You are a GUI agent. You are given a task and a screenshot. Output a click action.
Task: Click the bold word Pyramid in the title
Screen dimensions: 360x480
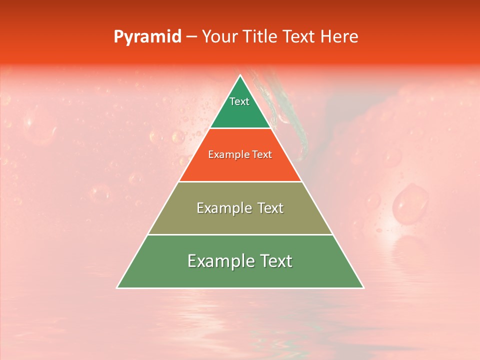(x=147, y=37)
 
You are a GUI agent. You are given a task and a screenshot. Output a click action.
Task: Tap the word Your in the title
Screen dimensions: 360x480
(x=219, y=37)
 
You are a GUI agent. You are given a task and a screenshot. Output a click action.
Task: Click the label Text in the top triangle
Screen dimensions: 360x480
(x=239, y=101)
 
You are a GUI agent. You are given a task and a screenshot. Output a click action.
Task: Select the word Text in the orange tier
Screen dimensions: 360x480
(x=261, y=155)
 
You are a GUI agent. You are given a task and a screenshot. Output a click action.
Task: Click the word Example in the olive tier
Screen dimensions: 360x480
(x=222, y=208)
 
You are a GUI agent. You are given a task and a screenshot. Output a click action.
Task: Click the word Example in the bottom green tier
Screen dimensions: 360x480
(x=217, y=261)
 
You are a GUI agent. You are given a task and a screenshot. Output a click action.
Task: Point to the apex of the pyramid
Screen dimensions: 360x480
(x=240, y=75)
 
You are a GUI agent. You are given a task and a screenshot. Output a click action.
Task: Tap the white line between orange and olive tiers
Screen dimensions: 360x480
(x=240, y=181)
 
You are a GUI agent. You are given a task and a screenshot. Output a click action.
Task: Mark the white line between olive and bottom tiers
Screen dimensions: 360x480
(x=240, y=234)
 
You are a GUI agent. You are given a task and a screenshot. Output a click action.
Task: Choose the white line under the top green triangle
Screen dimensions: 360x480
(x=240, y=128)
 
